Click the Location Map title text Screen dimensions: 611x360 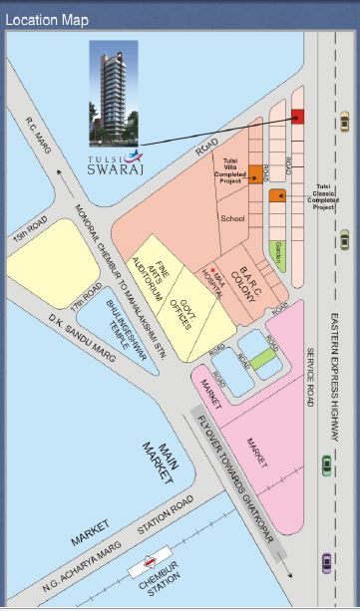46,19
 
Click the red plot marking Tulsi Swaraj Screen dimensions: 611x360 298,117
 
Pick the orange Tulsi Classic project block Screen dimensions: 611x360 276,195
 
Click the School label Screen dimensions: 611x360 232,218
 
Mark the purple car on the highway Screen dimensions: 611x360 327,563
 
